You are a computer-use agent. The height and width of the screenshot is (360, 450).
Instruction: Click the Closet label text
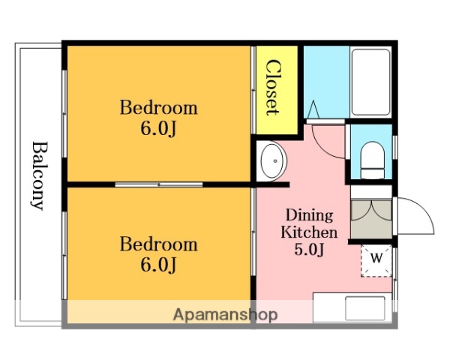(x=272, y=87)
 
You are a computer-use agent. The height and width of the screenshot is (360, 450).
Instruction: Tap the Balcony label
(x=39, y=175)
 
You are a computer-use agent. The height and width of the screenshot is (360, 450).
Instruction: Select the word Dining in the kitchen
(x=309, y=215)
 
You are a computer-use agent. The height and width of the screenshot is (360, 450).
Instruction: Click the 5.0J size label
(x=309, y=249)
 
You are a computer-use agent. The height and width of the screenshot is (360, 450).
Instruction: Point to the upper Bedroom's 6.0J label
(x=158, y=128)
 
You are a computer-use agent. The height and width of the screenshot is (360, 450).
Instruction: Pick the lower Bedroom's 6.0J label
(x=158, y=265)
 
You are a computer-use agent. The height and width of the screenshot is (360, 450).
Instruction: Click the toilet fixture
(x=372, y=160)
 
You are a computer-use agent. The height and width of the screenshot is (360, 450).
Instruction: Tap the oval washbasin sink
(x=274, y=160)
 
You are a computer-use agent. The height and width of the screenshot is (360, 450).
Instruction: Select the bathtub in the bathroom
(x=371, y=82)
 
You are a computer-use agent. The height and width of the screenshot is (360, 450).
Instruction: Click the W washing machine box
(x=376, y=261)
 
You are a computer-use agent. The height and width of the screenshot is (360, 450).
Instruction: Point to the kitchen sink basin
(x=365, y=308)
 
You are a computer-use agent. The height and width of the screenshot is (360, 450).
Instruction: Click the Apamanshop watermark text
(x=225, y=315)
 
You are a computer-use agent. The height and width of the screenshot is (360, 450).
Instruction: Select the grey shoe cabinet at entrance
(x=371, y=219)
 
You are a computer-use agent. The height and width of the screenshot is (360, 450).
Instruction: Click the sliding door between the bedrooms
(x=159, y=184)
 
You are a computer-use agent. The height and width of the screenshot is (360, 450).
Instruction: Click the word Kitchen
(x=309, y=232)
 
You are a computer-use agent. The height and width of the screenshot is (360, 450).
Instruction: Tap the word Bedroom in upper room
(x=158, y=108)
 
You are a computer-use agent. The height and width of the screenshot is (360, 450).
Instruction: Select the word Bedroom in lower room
(x=158, y=244)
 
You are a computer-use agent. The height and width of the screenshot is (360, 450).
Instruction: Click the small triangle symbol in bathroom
(x=313, y=109)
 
